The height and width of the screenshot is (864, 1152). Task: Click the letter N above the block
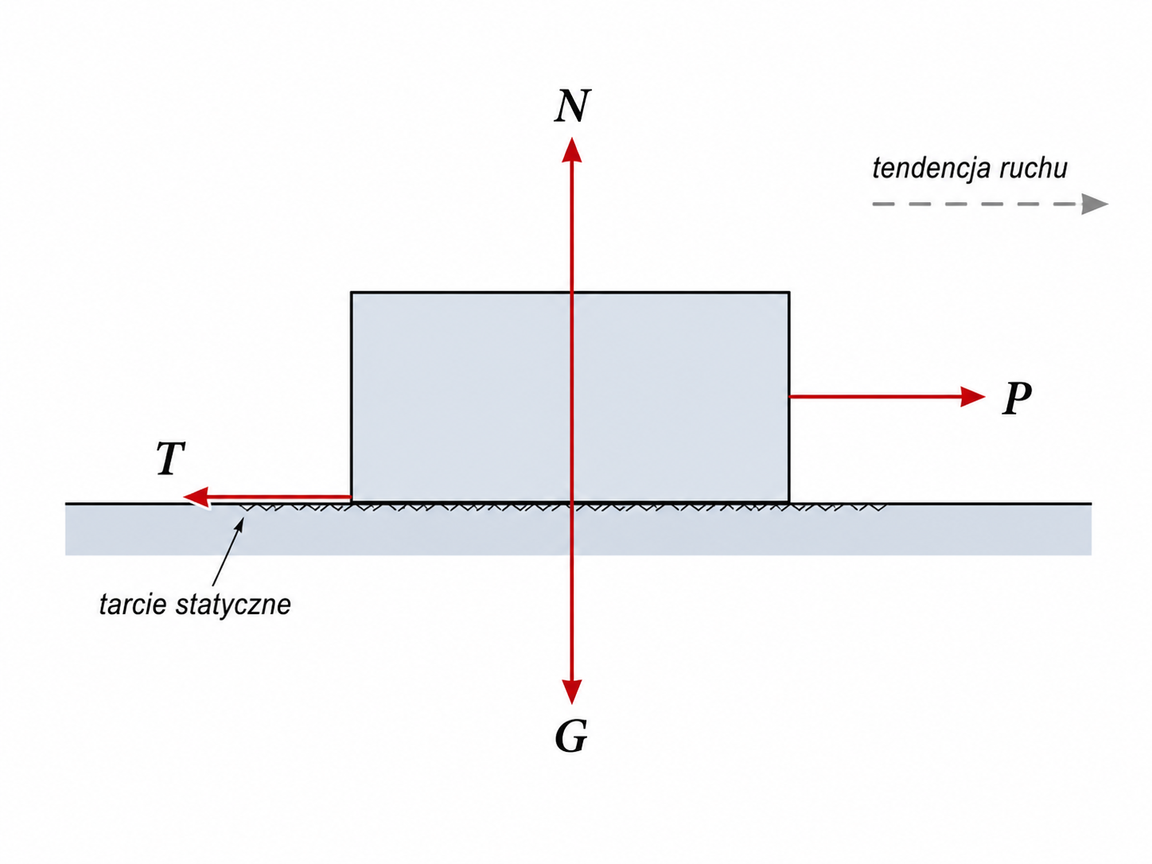573,106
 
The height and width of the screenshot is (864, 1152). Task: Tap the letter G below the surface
571,736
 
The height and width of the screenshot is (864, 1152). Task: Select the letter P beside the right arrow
1017,398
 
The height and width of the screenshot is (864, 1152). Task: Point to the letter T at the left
171,458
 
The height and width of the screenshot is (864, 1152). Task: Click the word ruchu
1033,169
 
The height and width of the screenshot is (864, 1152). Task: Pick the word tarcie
134,605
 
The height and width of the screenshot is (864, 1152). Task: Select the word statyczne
234,605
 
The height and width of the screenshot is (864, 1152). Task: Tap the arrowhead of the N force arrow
572,150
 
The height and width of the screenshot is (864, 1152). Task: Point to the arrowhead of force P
973,396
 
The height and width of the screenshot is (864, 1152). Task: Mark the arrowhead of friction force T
197,496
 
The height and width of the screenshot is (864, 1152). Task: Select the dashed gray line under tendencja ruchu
977,204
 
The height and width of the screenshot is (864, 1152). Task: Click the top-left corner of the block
351,292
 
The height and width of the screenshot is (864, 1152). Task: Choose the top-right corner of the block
789,292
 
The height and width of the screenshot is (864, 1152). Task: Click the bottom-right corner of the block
789,502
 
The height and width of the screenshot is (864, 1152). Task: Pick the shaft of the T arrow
280,496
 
